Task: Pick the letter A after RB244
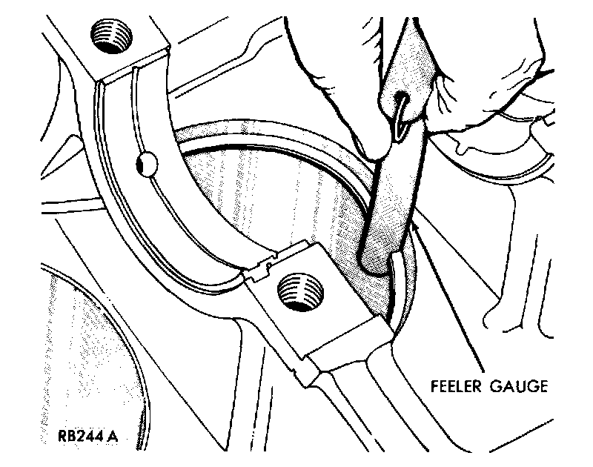tap(112, 436)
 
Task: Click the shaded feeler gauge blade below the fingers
tap(385, 208)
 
